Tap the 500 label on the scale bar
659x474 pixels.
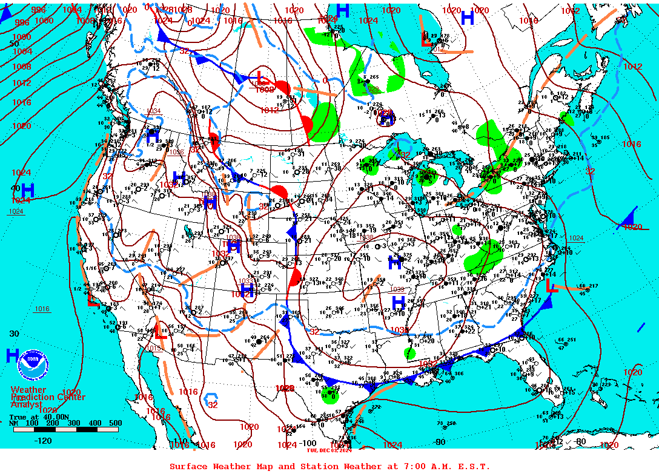(115, 423)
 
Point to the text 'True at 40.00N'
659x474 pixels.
(36, 417)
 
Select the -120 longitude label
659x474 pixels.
(43, 441)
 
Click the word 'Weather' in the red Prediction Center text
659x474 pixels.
(28, 390)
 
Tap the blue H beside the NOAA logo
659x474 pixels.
(12, 356)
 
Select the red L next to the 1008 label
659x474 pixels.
(262, 79)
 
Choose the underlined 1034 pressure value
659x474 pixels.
(153, 111)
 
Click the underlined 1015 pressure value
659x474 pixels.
(153, 348)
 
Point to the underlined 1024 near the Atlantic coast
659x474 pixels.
(576, 238)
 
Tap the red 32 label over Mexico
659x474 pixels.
(213, 405)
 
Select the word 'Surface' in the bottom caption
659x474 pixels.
(188, 466)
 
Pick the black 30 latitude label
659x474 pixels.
(14, 334)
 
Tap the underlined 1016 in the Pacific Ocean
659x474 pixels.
(42, 309)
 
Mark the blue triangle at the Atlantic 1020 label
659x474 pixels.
(630, 217)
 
